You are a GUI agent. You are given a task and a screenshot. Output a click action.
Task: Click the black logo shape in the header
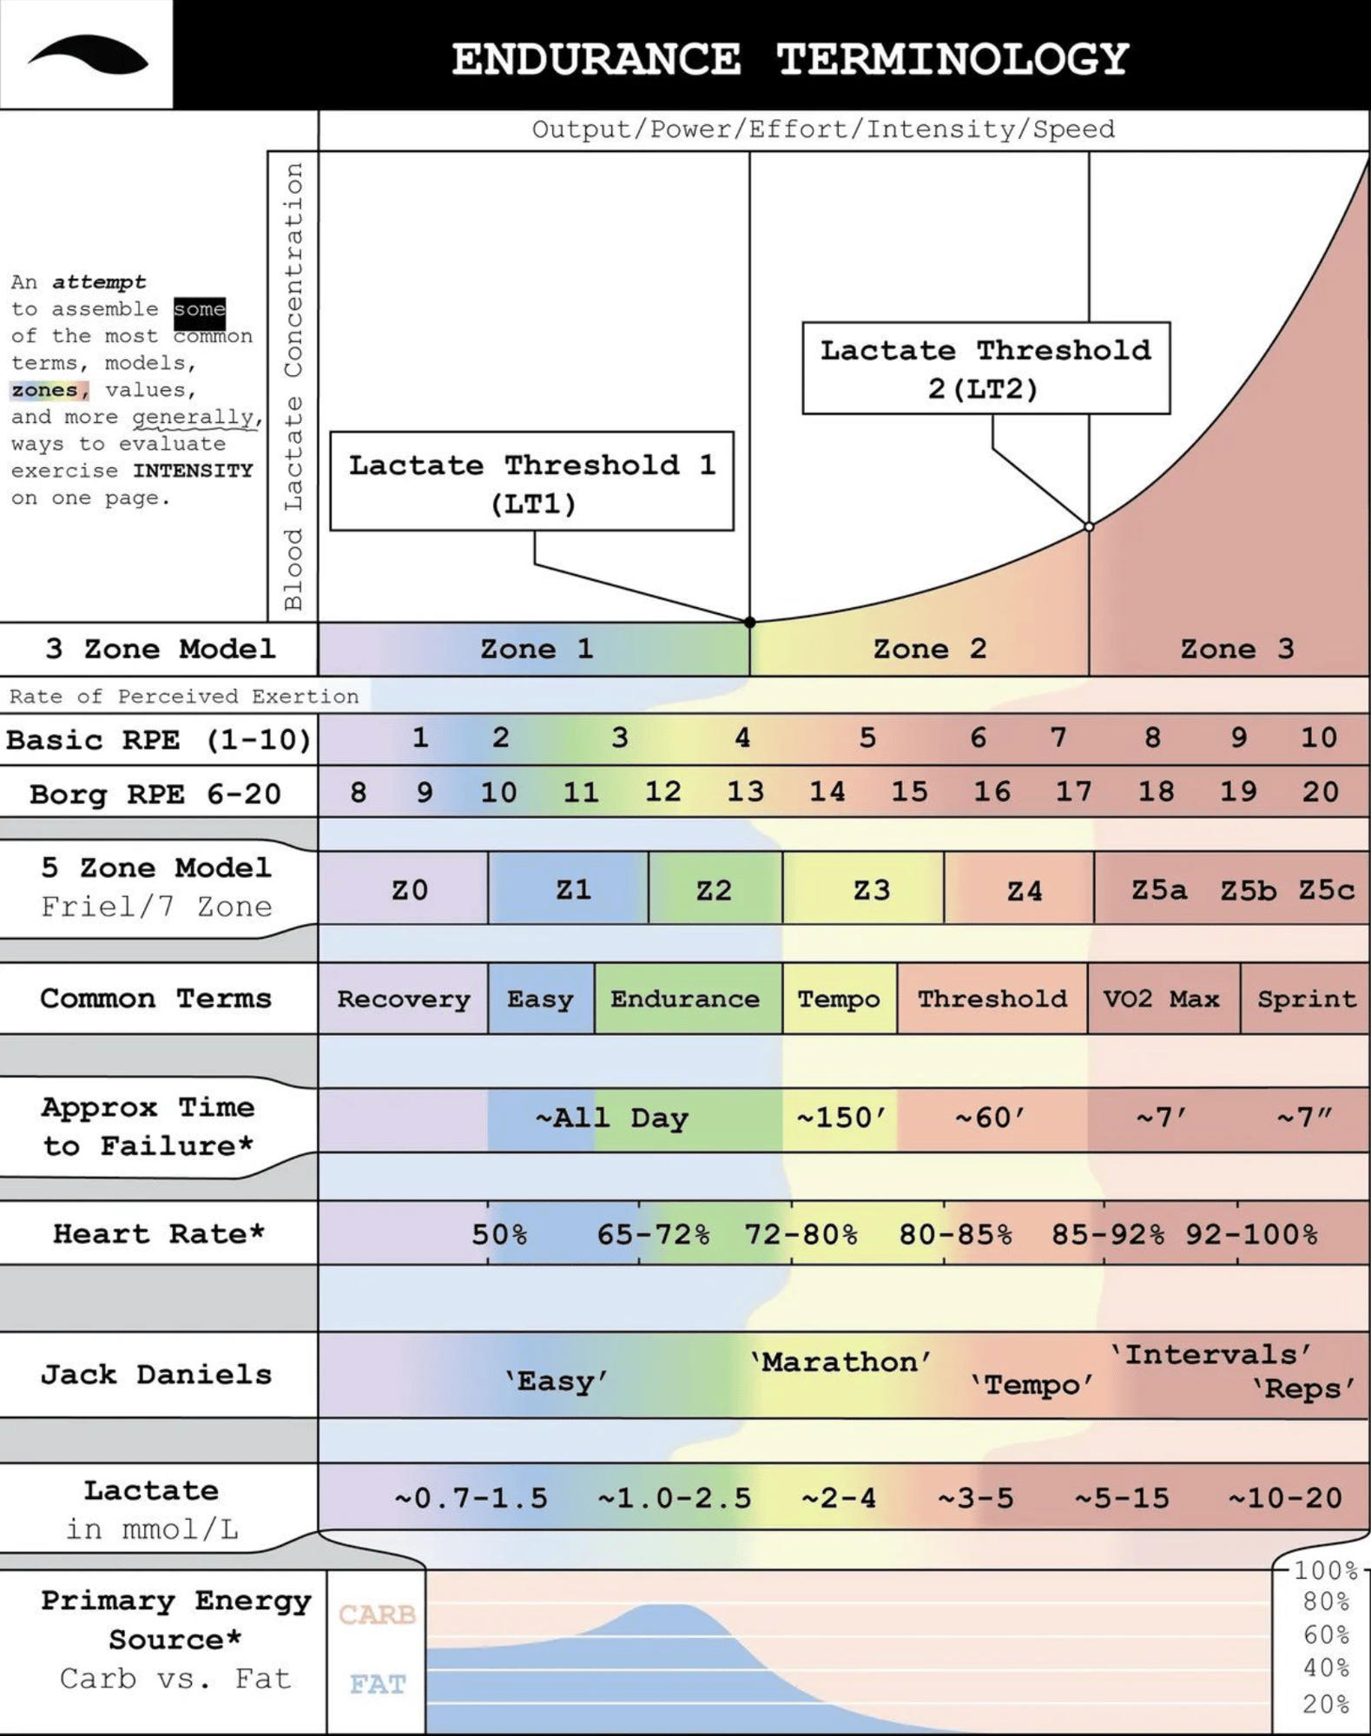point(88,56)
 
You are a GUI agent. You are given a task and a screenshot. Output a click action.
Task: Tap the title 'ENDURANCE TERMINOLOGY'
point(789,59)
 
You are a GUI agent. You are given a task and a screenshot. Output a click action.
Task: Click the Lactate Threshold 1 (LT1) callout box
point(531,481)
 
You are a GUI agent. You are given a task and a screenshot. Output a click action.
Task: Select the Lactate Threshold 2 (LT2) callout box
point(985,368)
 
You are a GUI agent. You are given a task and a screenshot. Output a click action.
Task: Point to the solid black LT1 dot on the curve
point(750,622)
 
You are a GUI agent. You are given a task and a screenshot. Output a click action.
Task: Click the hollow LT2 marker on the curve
point(1089,526)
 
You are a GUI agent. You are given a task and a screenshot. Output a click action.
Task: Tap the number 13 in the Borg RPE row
point(745,791)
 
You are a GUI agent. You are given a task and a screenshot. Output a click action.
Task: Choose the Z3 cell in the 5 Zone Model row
point(871,890)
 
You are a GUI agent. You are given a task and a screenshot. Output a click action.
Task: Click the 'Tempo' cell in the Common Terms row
point(839,999)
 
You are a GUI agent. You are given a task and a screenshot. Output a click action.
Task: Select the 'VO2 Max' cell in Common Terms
point(1161,999)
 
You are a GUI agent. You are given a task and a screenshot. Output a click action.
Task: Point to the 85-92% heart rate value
point(1108,1234)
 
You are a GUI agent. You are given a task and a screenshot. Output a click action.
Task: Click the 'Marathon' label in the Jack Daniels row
point(840,1362)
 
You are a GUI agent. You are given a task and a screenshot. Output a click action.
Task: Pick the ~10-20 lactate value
point(1285,1498)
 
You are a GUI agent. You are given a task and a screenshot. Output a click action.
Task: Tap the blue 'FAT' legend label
point(378,1685)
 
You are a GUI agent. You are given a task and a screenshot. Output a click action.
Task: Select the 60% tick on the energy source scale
point(1326,1635)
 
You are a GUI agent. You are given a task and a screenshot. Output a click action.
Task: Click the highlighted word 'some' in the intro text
point(199,309)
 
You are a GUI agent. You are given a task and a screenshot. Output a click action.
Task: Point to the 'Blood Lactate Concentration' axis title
point(293,386)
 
